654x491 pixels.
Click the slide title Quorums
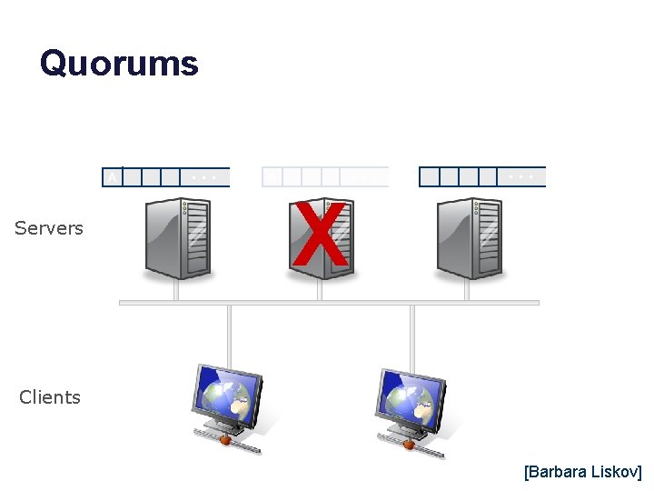click(119, 64)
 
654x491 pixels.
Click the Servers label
click(49, 228)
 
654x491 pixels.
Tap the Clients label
click(50, 397)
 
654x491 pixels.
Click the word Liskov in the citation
click(617, 472)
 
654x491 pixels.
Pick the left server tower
click(178, 238)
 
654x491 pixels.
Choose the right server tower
click(470, 238)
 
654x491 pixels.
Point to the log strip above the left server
click(166, 176)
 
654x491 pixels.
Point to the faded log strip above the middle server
click(325, 176)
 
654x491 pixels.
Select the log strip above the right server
click(482, 176)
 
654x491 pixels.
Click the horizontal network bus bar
click(329, 303)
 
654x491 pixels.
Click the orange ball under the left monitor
click(225, 441)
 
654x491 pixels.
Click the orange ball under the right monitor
click(409, 445)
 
